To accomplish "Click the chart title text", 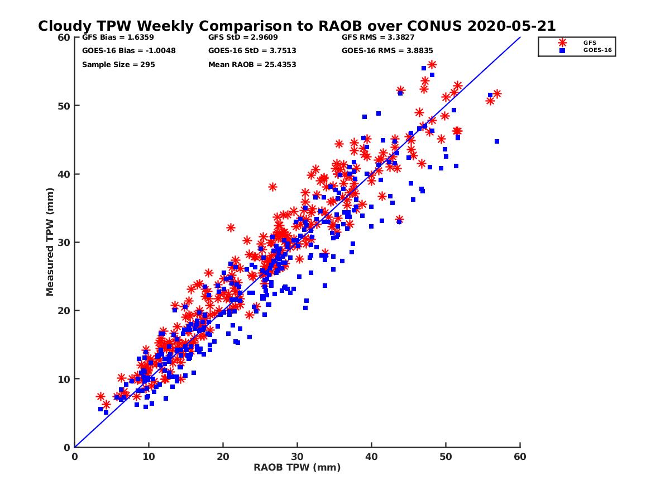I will coord(296,26).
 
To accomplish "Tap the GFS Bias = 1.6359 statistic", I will coord(109,38).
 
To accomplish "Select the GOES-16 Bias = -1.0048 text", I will coord(121,50).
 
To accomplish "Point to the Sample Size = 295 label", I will coord(118,64).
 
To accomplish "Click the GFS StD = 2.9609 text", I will coord(243,38).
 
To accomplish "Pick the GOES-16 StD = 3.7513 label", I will coord(252,50).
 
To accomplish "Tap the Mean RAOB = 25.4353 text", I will coord(252,64).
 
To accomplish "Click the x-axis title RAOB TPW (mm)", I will coord(297,467).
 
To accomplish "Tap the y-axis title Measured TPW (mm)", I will coord(50,242).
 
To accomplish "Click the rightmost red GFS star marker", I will coord(497,94).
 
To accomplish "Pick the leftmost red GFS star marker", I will coord(100,396).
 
